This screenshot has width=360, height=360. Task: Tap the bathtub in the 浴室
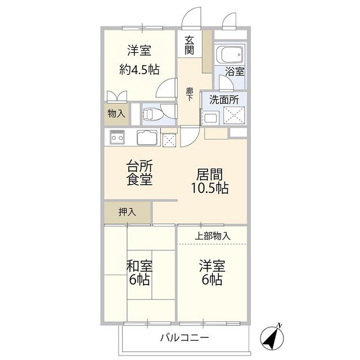pyautogui.click(x=231, y=56)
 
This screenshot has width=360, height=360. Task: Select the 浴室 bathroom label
pyautogui.click(x=235, y=71)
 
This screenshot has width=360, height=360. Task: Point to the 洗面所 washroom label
pyautogui.click(x=224, y=100)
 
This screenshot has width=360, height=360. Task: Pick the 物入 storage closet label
pyautogui.click(x=116, y=114)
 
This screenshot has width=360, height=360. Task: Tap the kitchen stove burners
pyautogui.click(x=118, y=137)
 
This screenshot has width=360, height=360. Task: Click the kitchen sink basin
pyautogui.click(x=147, y=138)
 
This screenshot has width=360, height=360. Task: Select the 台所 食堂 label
pyautogui.click(x=139, y=173)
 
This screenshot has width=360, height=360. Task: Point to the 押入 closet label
pyautogui.click(x=127, y=212)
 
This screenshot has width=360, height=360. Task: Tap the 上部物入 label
pyautogui.click(x=213, y=236)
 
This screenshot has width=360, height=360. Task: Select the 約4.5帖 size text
pyautogui.click(x=139, y=70)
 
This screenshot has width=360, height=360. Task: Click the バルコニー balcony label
pyautogui.click(x=184, y=338)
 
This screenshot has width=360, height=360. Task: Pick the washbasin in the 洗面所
pyautogui.click(x=210, y=118)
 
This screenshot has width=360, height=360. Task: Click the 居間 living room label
pyautogui.click(x=209, y=173)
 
